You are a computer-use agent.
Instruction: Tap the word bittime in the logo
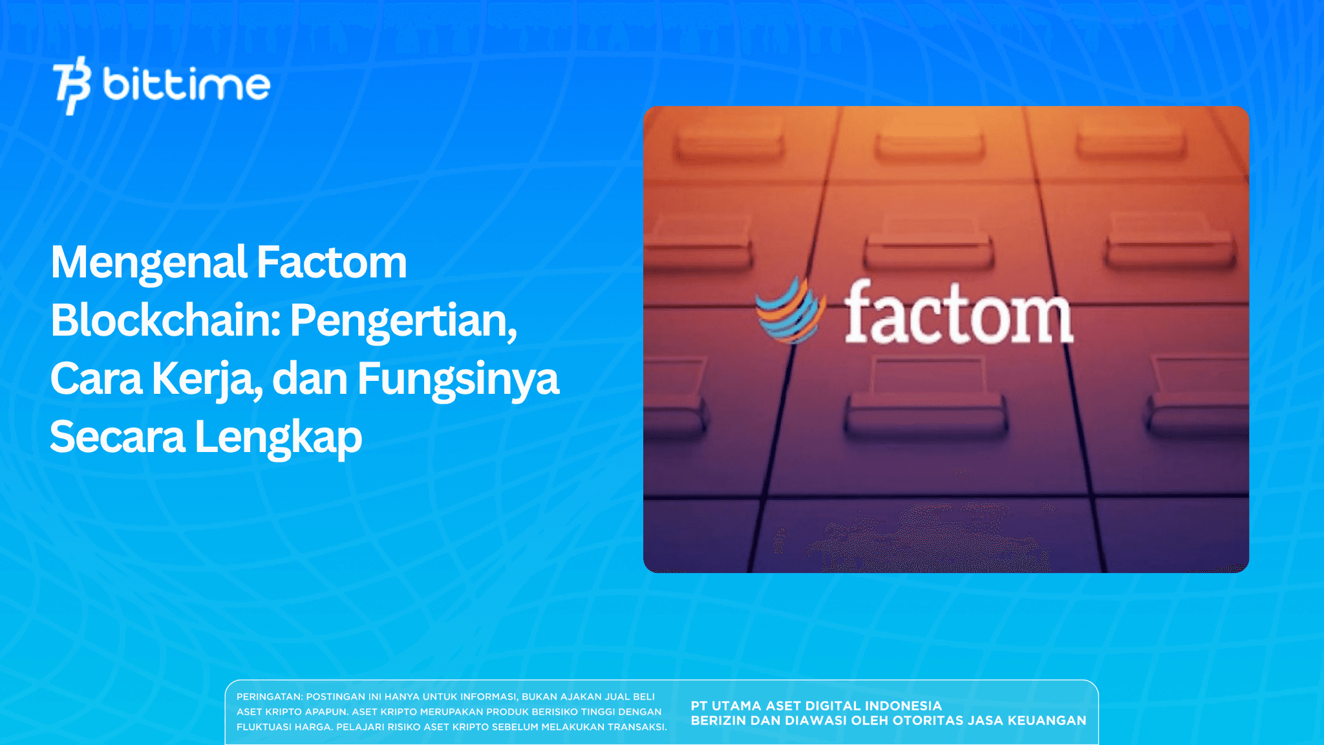(x=186, y=85)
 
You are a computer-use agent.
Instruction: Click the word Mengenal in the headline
(x=149, y=263)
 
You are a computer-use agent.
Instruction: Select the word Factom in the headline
(x=332, y=263)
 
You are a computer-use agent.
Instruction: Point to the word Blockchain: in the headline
(x=165, y=321)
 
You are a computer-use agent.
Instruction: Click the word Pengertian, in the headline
(x=403, y=321)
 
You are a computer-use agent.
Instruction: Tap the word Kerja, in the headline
(x=208, y=380)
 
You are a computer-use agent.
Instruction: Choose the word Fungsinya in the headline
(x=458, y=380)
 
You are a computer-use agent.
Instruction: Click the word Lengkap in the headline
(x=278, y=438)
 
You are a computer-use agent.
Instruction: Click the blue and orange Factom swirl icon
(x=790, y=310)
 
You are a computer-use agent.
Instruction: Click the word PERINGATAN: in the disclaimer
(x=270, y=697)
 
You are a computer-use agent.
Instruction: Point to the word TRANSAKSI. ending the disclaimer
(x=637, y=727)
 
